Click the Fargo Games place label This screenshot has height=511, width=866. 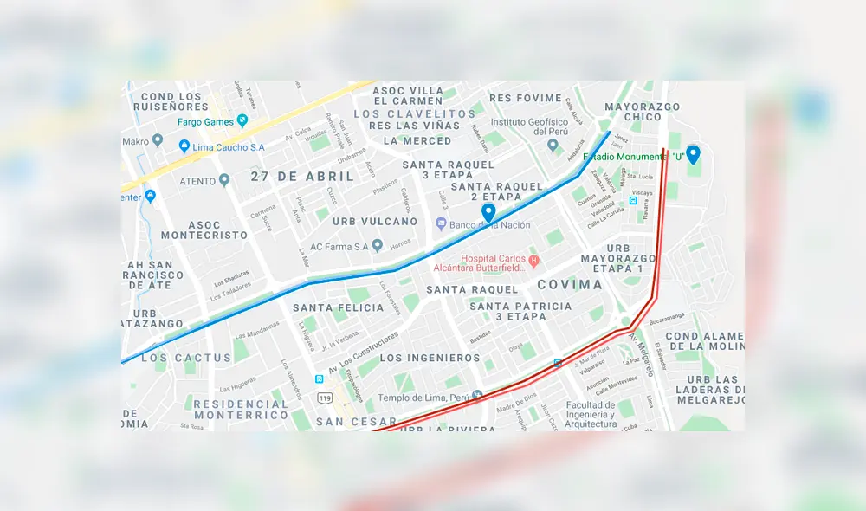click(x=206, y=121)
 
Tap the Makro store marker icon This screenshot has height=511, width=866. click(x=157, y=140)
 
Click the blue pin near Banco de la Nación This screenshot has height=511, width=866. click(x=488, y=212)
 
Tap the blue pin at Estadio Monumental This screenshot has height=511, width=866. click(x=693, y=154)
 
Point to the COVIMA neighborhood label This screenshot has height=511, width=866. click(x=569, y=284)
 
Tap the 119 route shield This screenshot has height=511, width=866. click(x=325, y=398)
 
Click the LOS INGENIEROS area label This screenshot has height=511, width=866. click(x=428, y=358)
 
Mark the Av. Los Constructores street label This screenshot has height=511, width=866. click(x=364, y=348)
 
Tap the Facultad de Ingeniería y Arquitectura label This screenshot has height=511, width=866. click(x=591, y=414)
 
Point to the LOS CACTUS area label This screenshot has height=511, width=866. click(x=186, y=357)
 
